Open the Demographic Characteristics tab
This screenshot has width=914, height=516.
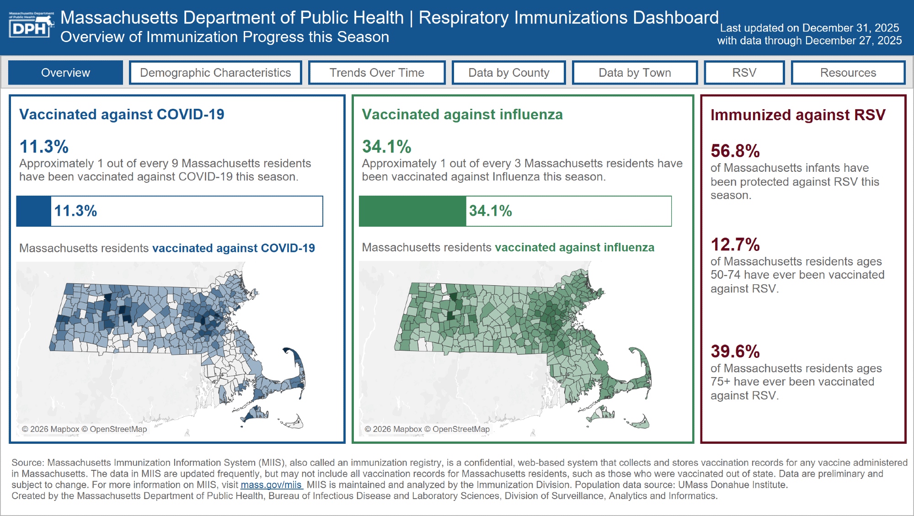(215, 73)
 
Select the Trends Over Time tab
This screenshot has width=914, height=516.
(377, 73)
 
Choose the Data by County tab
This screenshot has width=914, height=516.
(508, 73)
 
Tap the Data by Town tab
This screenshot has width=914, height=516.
(635, 73)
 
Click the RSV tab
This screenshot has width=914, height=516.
(744, 73)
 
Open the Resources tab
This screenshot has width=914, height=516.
(848, 73)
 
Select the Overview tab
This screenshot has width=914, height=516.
(65, 73)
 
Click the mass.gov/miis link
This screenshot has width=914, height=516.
(271, 485)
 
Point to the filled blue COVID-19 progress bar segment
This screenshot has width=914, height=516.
(34, 211)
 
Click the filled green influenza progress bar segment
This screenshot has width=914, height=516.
(412, 211)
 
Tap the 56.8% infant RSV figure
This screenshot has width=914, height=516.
(735, 151)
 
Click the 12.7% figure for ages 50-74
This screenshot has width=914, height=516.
(735, 245)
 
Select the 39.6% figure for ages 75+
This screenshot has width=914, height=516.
(735, 351)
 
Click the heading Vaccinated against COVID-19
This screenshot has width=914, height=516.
(122, 114)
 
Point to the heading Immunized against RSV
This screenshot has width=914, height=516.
(798, 115)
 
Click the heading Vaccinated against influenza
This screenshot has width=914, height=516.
(462, 114)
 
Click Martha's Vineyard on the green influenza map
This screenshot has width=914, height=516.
(600, 415)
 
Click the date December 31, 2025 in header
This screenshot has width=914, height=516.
(850, 28)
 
